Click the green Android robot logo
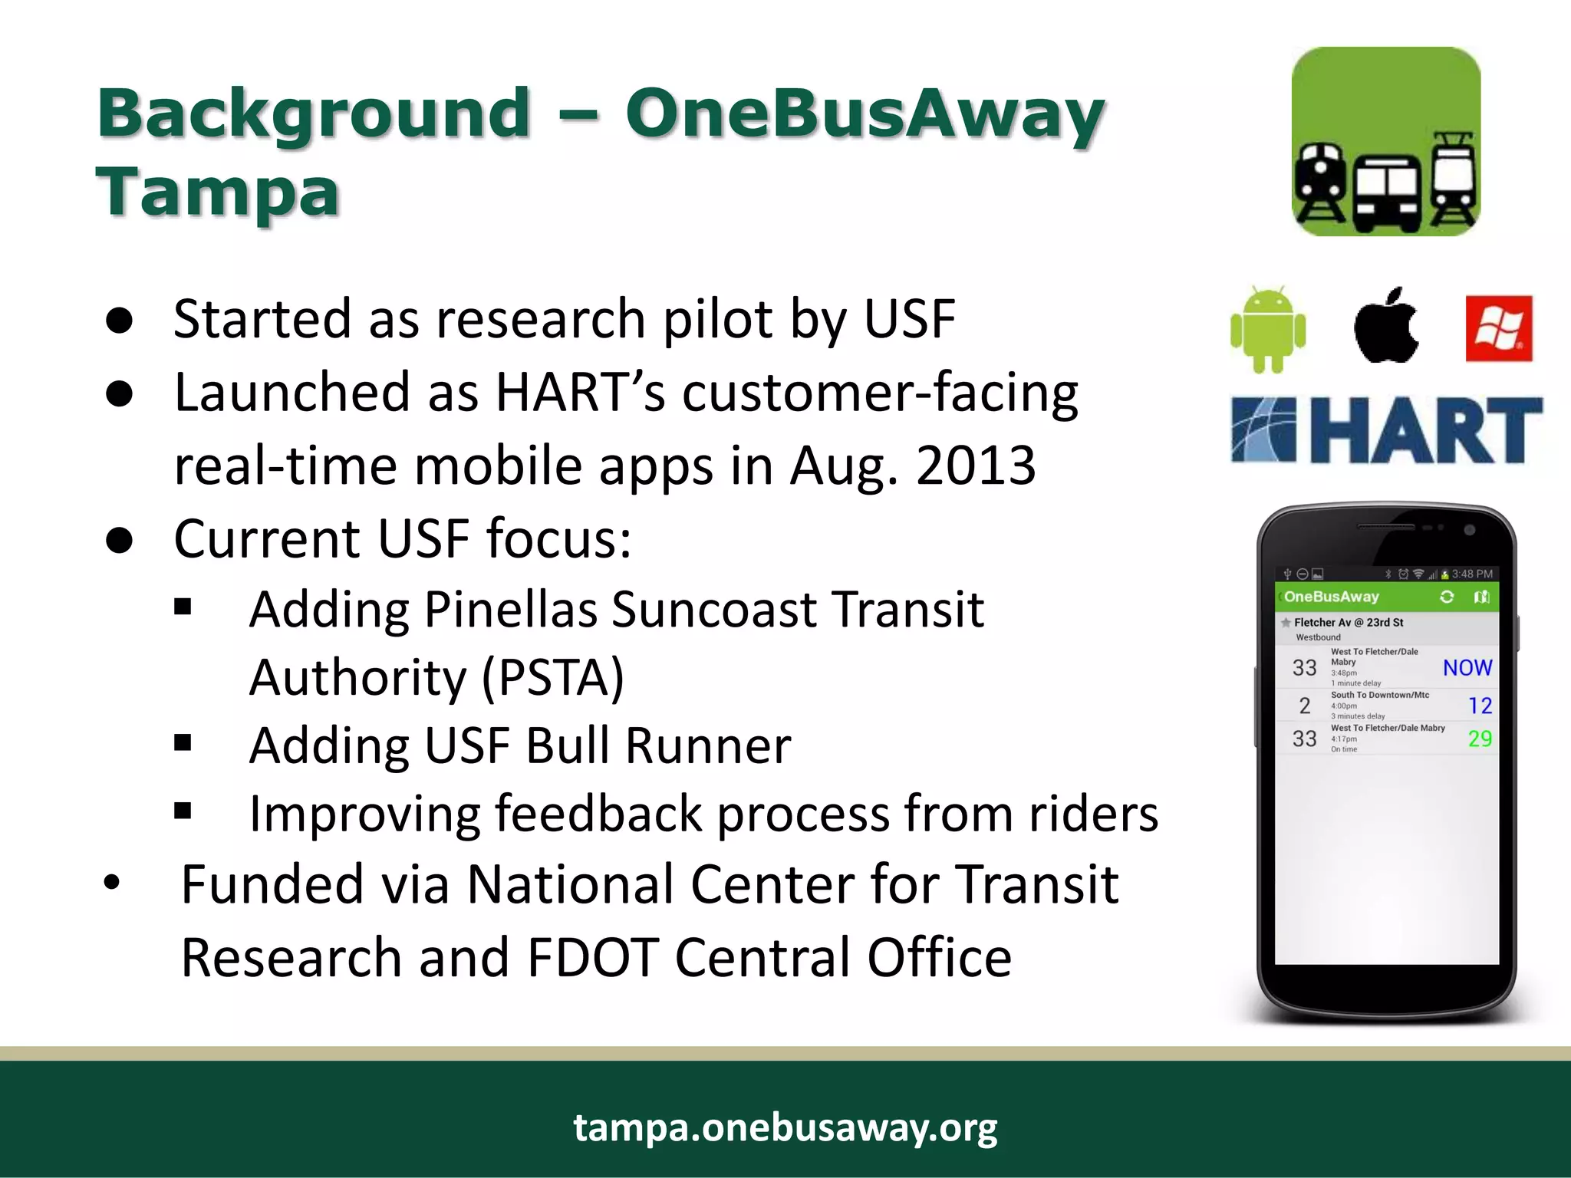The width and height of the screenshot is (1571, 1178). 1267,330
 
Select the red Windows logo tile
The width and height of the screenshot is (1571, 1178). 1498,328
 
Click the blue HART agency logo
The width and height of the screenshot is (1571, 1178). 1386,430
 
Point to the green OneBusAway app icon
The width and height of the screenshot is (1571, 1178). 1385,142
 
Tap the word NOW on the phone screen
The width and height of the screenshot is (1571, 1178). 1467,667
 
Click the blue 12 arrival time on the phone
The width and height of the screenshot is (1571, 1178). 1480,706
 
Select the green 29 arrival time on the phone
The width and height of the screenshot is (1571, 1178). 1480,739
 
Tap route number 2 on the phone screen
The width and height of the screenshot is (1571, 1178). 1304,706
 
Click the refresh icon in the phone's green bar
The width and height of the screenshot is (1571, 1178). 1447,597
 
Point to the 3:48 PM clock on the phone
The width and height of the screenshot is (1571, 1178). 1472,574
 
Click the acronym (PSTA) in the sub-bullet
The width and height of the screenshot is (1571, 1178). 553,677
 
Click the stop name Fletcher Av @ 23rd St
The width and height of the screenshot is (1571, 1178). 1349,622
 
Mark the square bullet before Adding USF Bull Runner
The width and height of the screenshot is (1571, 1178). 183,742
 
